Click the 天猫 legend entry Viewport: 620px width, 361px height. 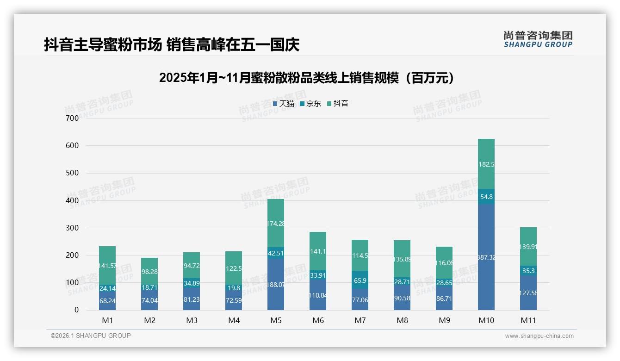coord(284,104)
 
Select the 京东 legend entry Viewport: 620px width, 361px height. coord(310,104)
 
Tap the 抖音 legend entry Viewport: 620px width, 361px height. coord(338,104)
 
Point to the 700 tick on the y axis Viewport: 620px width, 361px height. coord(72,118)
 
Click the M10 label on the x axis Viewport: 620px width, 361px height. coord(486,320)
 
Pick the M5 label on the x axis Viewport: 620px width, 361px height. coord(276,320)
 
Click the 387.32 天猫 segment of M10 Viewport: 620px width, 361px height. coord(486,257)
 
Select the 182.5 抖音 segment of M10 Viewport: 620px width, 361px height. coord(486,164)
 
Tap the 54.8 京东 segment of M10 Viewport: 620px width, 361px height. coord(486,196)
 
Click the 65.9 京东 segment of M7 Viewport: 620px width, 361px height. coord(360,280)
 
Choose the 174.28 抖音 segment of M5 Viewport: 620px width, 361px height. coord(276,223)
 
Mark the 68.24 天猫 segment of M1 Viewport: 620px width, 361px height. coord(107,300)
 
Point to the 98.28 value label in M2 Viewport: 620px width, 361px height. coord(149,272)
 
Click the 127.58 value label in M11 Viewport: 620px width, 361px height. coord(528,293)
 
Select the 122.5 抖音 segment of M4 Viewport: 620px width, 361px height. coord(234,268)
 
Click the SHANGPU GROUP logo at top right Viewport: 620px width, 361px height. coord(538,39)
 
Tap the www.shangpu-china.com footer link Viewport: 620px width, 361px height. coord(539,336)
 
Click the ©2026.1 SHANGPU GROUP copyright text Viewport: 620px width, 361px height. coord(91,336)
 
